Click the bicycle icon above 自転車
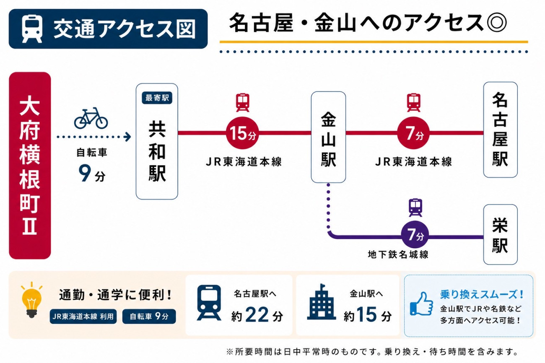[x=91, y=118]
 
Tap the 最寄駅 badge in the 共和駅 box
[x=157, y=98]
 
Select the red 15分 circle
[x=242, y=133]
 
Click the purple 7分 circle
[x=415, y=235]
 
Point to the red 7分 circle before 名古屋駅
[x=413, y=133]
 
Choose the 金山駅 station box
[x=328, y=137]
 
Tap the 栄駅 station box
[x=500, y=234]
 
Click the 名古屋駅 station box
[x=500, y=130]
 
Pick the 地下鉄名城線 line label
[x=398, y=254]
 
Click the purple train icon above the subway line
[x=415, y=207]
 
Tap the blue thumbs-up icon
[x=421, y=303]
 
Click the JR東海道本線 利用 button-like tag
[x=83, y=316]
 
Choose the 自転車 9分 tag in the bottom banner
[x=149, y=316]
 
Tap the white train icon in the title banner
[x=32, y=29]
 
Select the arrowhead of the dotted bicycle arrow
[x=127, y=137]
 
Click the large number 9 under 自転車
[x=85, y=173]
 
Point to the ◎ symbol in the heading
[x=497, y=23]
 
